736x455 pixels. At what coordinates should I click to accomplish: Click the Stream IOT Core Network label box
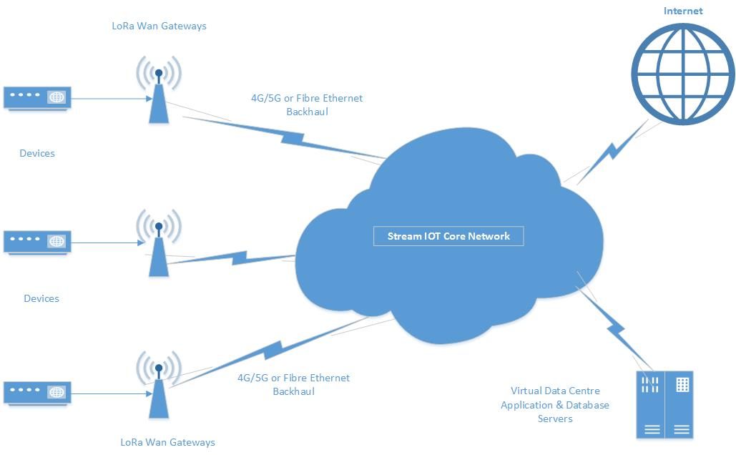click(448, 236)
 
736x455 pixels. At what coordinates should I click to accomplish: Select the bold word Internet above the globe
click(683, 11)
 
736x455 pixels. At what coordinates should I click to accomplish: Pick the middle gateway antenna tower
click(159, 243)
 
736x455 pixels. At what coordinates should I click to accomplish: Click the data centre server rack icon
click(665, 404)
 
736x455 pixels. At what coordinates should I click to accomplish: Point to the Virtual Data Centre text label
click(555, 405)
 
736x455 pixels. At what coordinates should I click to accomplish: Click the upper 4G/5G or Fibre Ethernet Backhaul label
click(307, 104)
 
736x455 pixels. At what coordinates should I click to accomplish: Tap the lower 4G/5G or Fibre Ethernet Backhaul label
click(294, 384)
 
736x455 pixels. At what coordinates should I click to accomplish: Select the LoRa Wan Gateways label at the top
click(160, 26)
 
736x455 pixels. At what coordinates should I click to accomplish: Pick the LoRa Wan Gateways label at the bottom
click(168, 442)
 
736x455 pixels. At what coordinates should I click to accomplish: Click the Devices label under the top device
click(37, 153)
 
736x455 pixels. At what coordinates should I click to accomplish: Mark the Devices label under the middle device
click(41, 298)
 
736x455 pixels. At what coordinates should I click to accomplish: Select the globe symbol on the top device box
click(57, 97)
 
